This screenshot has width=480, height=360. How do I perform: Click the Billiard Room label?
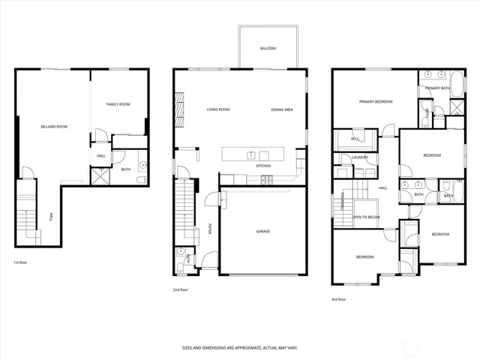click(54, 127)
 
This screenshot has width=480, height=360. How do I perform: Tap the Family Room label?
click(118, 104)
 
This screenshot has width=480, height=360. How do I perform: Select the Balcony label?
click(268, 48)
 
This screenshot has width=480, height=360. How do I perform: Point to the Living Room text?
click(217, 109)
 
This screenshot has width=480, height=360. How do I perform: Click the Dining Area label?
click(282, 109)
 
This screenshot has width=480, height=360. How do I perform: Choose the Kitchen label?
click(263, 165)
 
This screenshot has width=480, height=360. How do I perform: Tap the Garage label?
click(263, 231)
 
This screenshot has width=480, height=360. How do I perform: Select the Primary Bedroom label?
click(375, 101)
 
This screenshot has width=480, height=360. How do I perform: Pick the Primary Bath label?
click(437, 88)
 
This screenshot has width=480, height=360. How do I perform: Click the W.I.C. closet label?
click(356, 139)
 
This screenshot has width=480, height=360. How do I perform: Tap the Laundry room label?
click(359, 157)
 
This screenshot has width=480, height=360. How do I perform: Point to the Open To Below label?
click(366, 217)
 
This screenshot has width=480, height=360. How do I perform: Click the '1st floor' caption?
click(21, 262)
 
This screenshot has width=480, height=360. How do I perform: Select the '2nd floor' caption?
click(181, 289)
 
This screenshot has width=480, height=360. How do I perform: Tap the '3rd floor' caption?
click(340, 298)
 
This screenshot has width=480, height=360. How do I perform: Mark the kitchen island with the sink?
click(253, 154)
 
